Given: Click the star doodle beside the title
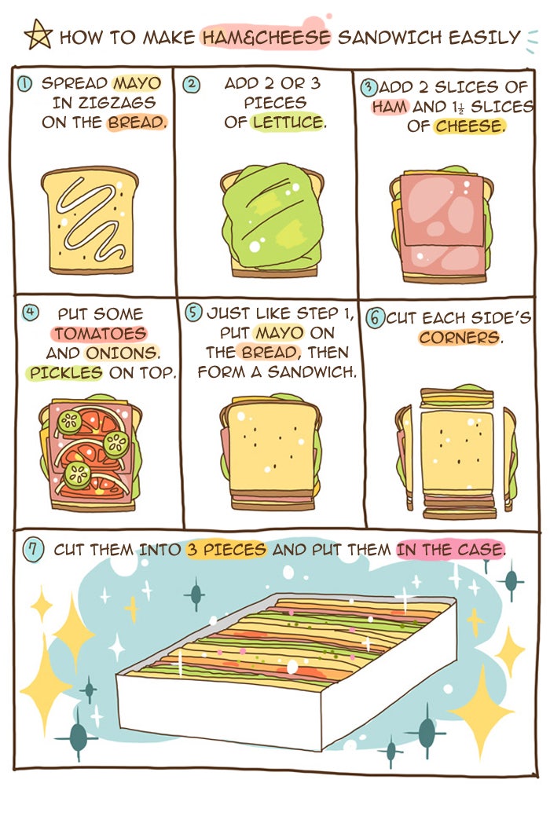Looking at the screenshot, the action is click(38, 35).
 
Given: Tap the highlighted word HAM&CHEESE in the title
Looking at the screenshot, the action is click(266, 38).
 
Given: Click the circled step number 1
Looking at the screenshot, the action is click(24, 83).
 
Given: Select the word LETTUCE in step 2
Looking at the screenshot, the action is click(288, 123).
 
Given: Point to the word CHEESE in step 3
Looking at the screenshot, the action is click(469, 126).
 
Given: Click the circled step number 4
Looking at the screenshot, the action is click(31, 313).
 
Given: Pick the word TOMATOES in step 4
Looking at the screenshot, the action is click(100, 333).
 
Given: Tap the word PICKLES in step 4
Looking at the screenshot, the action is click(66, 372).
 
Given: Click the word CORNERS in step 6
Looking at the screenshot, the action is click(459, 338).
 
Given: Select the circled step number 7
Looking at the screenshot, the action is click(33, 550).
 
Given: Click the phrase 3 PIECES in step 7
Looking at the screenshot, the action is click(226, 550).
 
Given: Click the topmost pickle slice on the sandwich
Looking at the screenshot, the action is click(70, 423).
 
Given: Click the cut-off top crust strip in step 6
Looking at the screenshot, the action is click(456, 397).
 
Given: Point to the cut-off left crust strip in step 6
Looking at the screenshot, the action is click(405, 456).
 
